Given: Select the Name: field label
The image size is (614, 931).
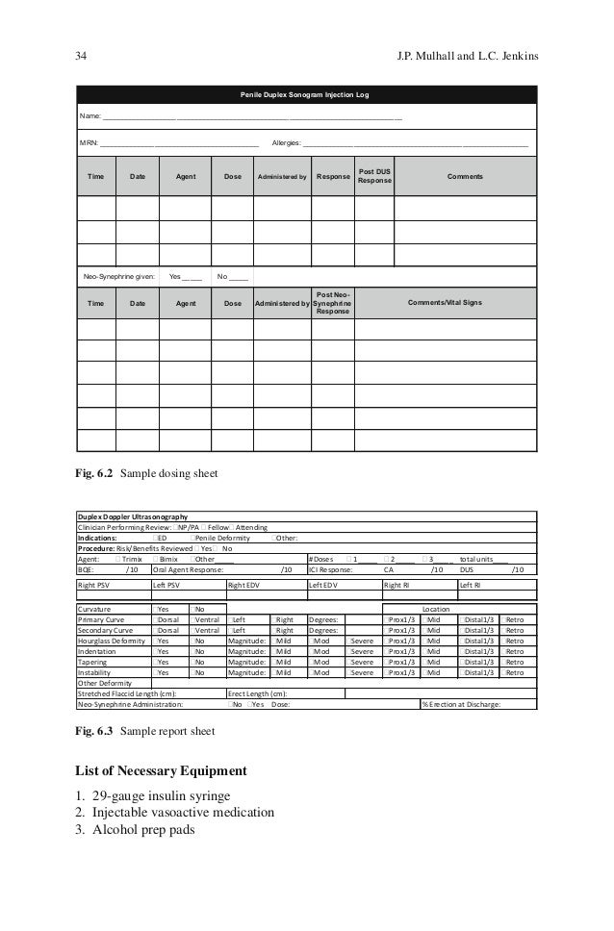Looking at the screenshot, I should point(90,117).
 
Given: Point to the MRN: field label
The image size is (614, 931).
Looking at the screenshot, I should point(89,143).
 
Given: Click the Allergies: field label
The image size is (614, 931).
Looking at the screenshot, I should point(287,143).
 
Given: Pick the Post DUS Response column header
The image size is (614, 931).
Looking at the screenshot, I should point(374,176).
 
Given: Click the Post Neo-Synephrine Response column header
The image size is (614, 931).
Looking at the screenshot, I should point(333,303).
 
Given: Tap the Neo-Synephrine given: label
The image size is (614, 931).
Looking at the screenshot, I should point(119,277).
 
